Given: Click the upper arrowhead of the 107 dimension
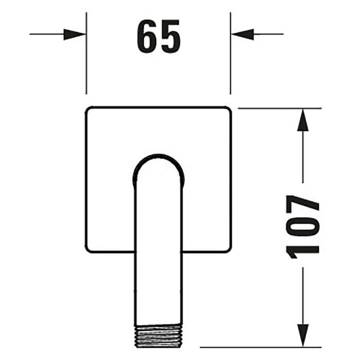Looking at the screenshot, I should (x=303, y=120).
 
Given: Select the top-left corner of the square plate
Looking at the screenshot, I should (x=87, y=109).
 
